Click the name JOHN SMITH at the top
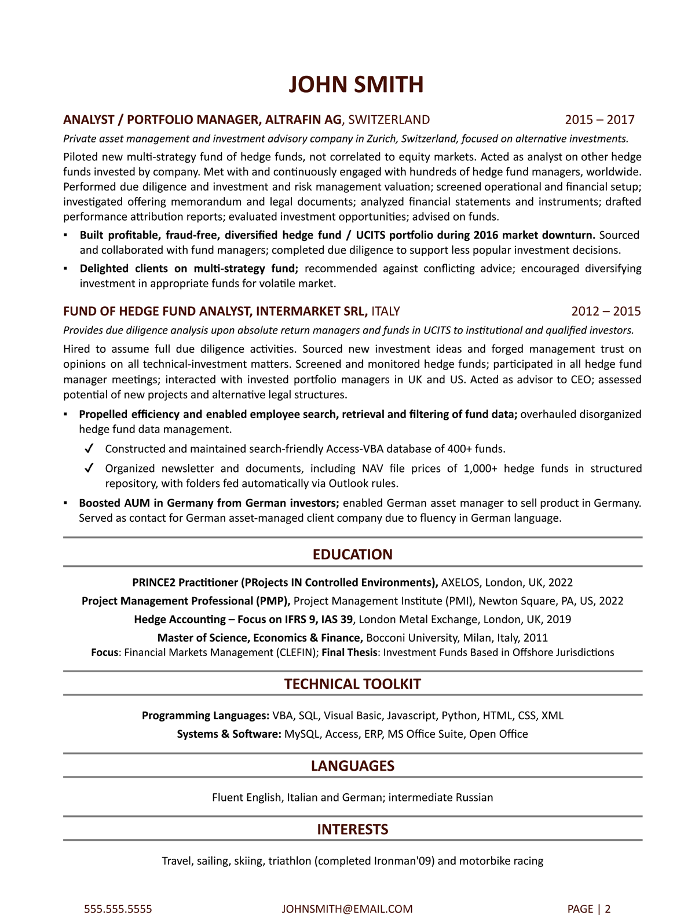tap(356, 85)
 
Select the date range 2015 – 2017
tap(599, 120)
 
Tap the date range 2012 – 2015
tap(606, 312)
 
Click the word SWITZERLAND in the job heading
tap(389, 120)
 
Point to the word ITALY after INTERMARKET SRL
tap(386, 312)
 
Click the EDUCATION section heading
tap(352, 555)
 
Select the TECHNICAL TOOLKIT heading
tap(352, 684)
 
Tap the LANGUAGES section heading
tap(352, 766)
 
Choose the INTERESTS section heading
tap(352, 830)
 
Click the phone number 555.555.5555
tap(118, 909)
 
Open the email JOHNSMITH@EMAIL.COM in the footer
tap(347, 909)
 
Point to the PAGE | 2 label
tap(589, 909)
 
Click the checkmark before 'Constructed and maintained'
tap(89, 449)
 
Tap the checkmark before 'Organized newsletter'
tap(89, 468)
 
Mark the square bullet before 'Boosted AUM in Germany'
tap(65, 503)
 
